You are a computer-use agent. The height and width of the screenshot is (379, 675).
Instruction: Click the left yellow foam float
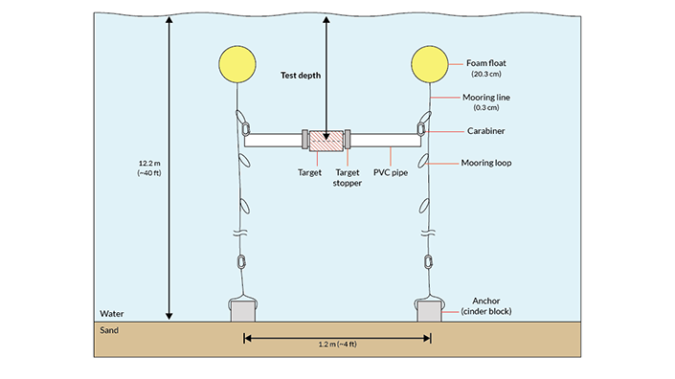pyautogui.click(x=237, y=64)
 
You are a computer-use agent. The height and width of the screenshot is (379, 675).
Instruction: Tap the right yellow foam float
pyautogui.click(x=430, y=64)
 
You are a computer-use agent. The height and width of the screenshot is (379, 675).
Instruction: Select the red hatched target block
pyautogui.click(x=326, y=141)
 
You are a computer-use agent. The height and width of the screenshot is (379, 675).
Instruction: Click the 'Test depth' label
pyautogui.click(x=301, y=76)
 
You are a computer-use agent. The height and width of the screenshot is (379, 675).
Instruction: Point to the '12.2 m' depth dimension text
pyautogui.click(x=149, y=164)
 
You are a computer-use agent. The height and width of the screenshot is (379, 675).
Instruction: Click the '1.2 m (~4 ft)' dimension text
pyautogui.click(x=337, y=345)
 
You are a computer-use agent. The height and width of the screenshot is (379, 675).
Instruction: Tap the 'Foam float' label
pyautogui.click(x=486, y=63)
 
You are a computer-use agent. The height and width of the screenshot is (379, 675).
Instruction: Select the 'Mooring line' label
pyautogui.click(x=486, y=98)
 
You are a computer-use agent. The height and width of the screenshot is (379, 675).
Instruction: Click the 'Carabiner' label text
pyautogui.click(x=486, y=131)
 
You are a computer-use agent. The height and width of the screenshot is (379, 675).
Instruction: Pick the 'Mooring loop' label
pyautogui.click(x=486, y=163)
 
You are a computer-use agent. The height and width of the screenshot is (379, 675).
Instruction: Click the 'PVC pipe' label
pyautogui.click(x=391, y=172)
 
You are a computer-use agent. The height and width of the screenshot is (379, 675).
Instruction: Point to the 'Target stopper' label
pyautogui.click(x=348, y=178)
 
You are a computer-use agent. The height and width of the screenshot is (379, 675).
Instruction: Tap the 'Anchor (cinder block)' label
pyautogui.click(x=486, y=306)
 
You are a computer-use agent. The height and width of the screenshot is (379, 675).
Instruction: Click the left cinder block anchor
pyautogui.click(x=243, y=311)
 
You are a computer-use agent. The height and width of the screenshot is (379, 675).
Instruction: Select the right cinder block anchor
pyautogui.click(x=429, y=311)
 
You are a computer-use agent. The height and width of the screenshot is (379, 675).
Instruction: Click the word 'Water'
pyautogui.click(x=112, y=314)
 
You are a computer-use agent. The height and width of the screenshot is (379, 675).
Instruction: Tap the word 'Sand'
pyautogui.click(x=109, y=330)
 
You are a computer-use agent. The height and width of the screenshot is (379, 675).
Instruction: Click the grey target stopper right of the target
pyautogui.click(x=348, y=140)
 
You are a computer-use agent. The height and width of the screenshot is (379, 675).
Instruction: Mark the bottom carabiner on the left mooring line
pyautogui.click(x=241, y=261)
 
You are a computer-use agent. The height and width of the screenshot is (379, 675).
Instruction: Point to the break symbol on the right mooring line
pyautogui.click(x=427, y=233)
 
